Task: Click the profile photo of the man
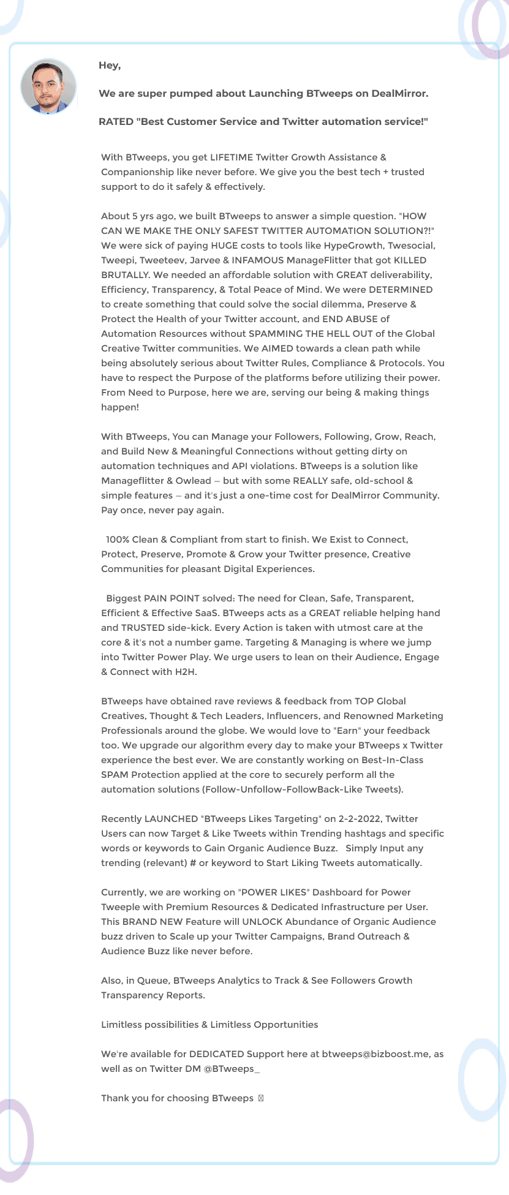click(x=48, y=87)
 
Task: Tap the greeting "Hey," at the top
click(x=110, y=66)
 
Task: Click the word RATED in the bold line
click(x=116, y=122)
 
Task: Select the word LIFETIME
click(x=232, y=157)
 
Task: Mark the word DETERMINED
click(x=401, y=290)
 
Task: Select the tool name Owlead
click(x=194, y=481)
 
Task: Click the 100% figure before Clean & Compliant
click(x=117, y=540)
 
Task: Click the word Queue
click(x=152, y=981)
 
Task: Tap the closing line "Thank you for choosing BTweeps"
click(x=177, y=1098)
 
